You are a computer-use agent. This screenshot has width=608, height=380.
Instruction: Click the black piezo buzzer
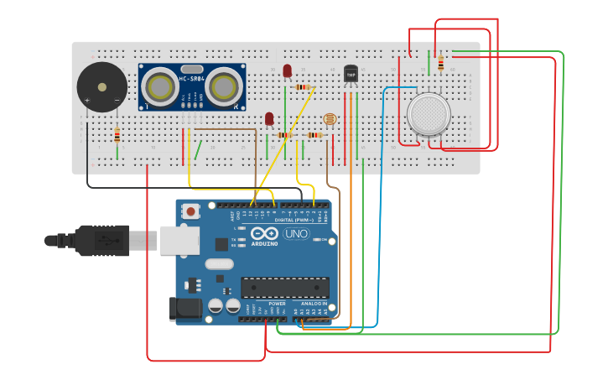101,87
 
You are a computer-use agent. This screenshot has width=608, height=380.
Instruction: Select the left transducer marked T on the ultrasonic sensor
158,86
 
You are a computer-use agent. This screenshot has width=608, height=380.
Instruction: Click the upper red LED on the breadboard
288,71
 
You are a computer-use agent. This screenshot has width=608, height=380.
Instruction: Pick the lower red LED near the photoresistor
269,119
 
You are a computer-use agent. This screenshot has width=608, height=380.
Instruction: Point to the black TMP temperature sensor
351,76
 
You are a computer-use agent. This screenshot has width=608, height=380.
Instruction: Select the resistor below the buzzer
117,135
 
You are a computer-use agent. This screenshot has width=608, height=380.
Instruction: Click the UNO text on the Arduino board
295,234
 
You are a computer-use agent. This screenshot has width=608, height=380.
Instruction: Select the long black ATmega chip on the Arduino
283,287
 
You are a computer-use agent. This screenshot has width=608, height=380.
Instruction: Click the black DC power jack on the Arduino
185,309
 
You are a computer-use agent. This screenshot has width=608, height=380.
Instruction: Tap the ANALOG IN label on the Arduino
314,303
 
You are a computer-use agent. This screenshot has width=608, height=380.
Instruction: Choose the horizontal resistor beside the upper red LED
304,87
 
